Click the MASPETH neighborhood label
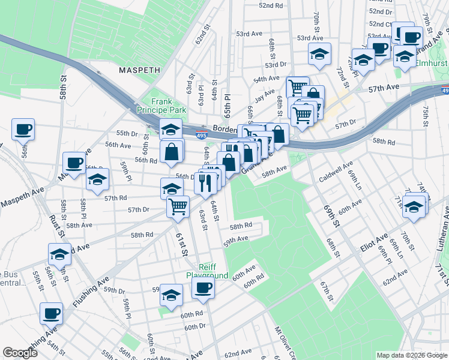coord(139,70)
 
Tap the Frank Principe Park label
coord(161,106)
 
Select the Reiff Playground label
coord(207,271)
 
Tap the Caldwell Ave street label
coord(337,171)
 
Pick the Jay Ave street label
coord(265,95)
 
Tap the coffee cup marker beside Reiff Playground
coord(203,287)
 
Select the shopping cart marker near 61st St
coord(178,206)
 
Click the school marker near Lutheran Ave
coord(414,206)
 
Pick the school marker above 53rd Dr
coord(319,53)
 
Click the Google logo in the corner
coord(20,353)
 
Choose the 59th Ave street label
coord(235,241)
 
